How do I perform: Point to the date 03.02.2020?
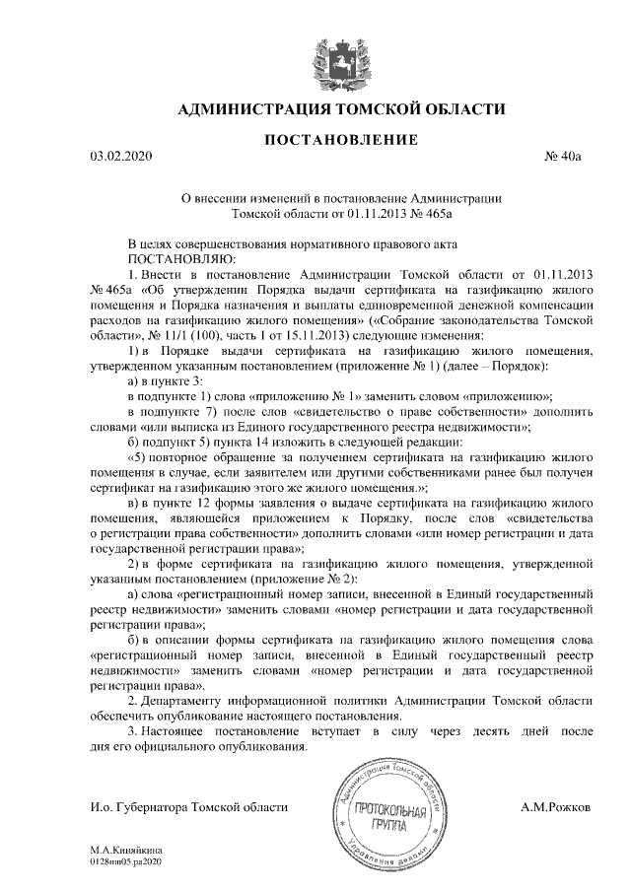click(x=117, y=156)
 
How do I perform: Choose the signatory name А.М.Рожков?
click(x=556, y=807)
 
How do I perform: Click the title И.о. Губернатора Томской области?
click(x=187, y=807)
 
